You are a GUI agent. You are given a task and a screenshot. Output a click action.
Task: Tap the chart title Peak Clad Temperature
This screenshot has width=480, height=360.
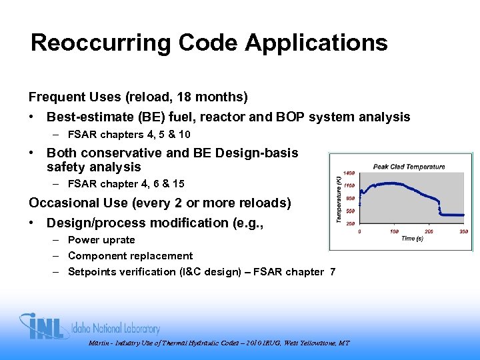click(409, 167)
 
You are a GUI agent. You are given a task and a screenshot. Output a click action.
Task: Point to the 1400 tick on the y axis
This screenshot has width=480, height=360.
click(349, 173)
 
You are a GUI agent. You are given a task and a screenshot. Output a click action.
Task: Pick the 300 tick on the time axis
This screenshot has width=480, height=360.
click(463, 231)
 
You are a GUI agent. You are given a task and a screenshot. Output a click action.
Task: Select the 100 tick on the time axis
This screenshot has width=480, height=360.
click(395, 231)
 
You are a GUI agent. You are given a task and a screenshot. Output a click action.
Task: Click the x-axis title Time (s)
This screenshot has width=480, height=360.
click(412, 238)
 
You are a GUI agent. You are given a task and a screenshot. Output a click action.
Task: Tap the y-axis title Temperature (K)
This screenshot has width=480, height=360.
click(339, 198)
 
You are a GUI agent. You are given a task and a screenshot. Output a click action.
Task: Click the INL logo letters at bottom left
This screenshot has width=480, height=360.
click(44, 326)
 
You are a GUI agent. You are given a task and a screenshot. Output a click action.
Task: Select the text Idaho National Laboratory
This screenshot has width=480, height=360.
click(117, 329)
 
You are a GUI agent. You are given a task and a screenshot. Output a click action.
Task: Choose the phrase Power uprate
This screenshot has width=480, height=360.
click(101, 240)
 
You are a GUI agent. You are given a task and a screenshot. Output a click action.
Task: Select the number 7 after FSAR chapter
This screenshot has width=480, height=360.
click(332, 272)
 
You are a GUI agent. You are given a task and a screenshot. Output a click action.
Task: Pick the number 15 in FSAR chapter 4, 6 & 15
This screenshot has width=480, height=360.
click(177, 183)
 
